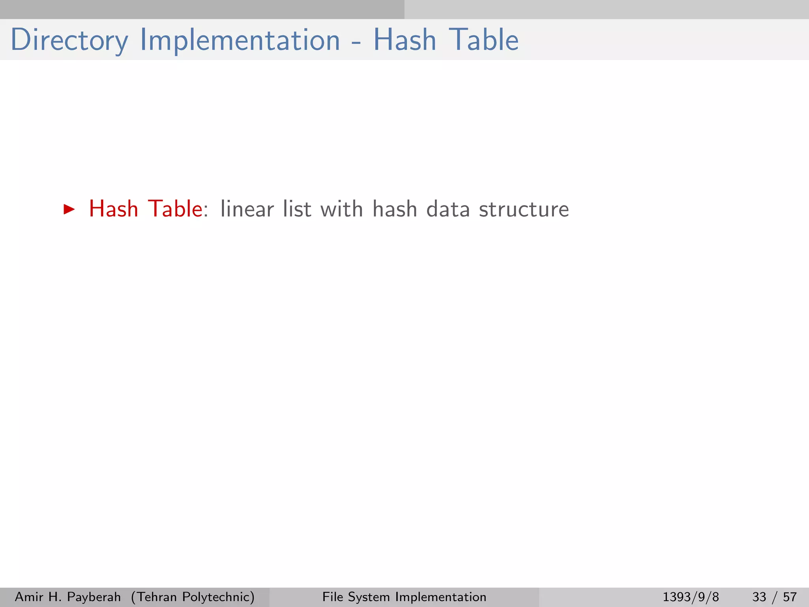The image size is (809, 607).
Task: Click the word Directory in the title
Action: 69,40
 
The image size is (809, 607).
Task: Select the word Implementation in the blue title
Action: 240,40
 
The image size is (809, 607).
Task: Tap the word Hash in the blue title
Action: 404,40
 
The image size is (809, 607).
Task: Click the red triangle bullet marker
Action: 69,209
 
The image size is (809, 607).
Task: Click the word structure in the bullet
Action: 524,209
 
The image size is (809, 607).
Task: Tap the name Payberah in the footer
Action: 94,597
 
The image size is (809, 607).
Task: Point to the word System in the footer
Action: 369,597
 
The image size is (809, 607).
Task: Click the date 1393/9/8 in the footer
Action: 690,597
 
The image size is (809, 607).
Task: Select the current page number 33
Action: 759,597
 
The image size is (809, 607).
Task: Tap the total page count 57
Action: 790,597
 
